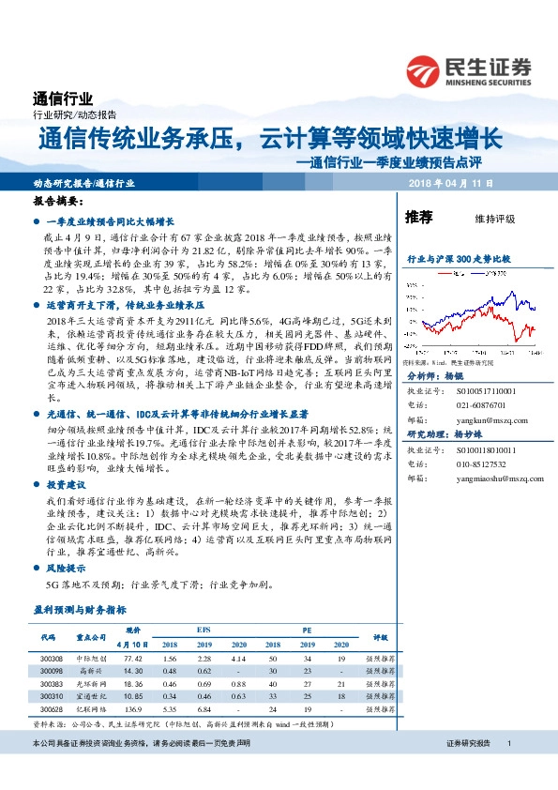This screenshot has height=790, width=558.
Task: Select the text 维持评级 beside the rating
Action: coord(496,219)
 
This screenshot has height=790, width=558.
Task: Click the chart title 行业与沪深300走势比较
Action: coord(457,257)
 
